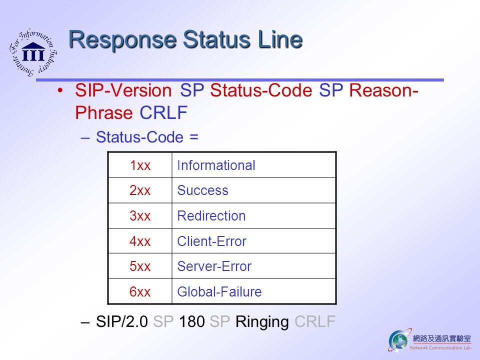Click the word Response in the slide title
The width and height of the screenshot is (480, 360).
tap(122, 40)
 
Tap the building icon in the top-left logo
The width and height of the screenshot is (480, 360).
tap(33, 51)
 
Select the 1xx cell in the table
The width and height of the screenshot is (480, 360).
tap(140, 165)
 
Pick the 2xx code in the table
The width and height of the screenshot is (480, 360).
tap(140, 190)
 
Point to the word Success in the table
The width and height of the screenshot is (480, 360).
tap(202, 190)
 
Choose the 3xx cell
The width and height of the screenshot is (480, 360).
tap(140, 216)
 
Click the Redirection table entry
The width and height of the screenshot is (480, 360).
tap(211, 216)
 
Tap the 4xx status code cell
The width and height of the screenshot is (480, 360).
tap(140, 241)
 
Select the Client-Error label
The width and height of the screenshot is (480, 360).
tap(212, 241)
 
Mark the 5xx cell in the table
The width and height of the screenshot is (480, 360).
tap(140, 266)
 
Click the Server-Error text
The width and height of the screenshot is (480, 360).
tap(214, 266)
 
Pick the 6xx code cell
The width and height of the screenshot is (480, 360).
tap(140, 291)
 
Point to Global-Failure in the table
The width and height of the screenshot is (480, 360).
tap(219, 291)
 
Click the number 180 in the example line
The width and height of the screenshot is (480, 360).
tap(192, 321)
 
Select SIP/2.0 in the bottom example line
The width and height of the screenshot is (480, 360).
tap(122, 321)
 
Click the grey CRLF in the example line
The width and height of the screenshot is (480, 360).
tap(315, 321)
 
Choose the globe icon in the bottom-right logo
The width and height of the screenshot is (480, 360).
tap(398, 340)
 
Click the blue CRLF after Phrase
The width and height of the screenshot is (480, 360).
tap(163, 112)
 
